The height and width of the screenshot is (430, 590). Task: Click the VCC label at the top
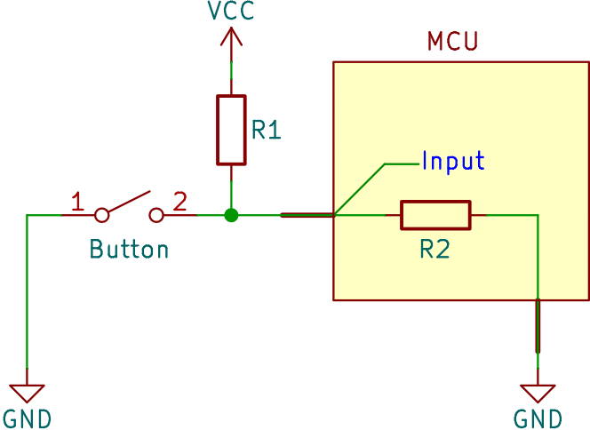tap(231, 10)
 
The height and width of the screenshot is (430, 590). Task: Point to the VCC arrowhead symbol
tap(231, 36)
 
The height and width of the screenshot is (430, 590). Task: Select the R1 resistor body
tap(231, 131)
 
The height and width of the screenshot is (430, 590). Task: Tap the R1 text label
tap(267, 130)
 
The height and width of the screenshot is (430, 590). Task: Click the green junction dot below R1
tap(231, 215)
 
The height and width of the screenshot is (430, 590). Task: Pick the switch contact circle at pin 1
tap(101, 215)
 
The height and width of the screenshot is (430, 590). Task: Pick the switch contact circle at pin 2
tap(156, 215)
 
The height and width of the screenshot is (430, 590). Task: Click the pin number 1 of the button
tap(77, 202)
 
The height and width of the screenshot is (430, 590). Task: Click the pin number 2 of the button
tap(179, 202)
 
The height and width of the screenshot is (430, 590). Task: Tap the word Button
tap(129, 249)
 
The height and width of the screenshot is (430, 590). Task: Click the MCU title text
tap(452, 41)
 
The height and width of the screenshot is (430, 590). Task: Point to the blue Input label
tap(453, 161)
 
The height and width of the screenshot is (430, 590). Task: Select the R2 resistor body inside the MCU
tap(435, 215)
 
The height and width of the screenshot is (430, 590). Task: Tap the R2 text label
tap(435, 249)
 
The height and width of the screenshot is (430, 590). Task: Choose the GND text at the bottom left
tap(27, 418)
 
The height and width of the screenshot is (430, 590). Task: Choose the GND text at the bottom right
tap(538, 418)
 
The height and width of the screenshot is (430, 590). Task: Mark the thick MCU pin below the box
tap(538, 326)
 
